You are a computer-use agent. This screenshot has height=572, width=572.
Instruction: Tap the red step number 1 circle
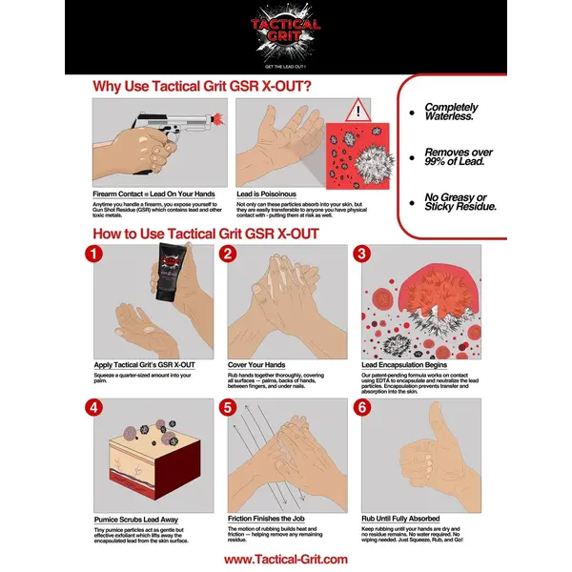coord(93,255)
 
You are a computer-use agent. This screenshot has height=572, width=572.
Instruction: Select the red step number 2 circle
coord(228,255)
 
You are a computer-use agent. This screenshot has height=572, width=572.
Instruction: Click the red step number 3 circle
coord(361,255)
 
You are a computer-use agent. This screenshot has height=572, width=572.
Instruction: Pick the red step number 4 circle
coord(93,407)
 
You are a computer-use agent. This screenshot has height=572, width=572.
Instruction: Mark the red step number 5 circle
coord(228,407)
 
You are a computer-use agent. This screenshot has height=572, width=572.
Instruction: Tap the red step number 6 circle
coord(361,407)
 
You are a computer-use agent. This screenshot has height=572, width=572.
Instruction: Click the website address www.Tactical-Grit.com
coord(285,560)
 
